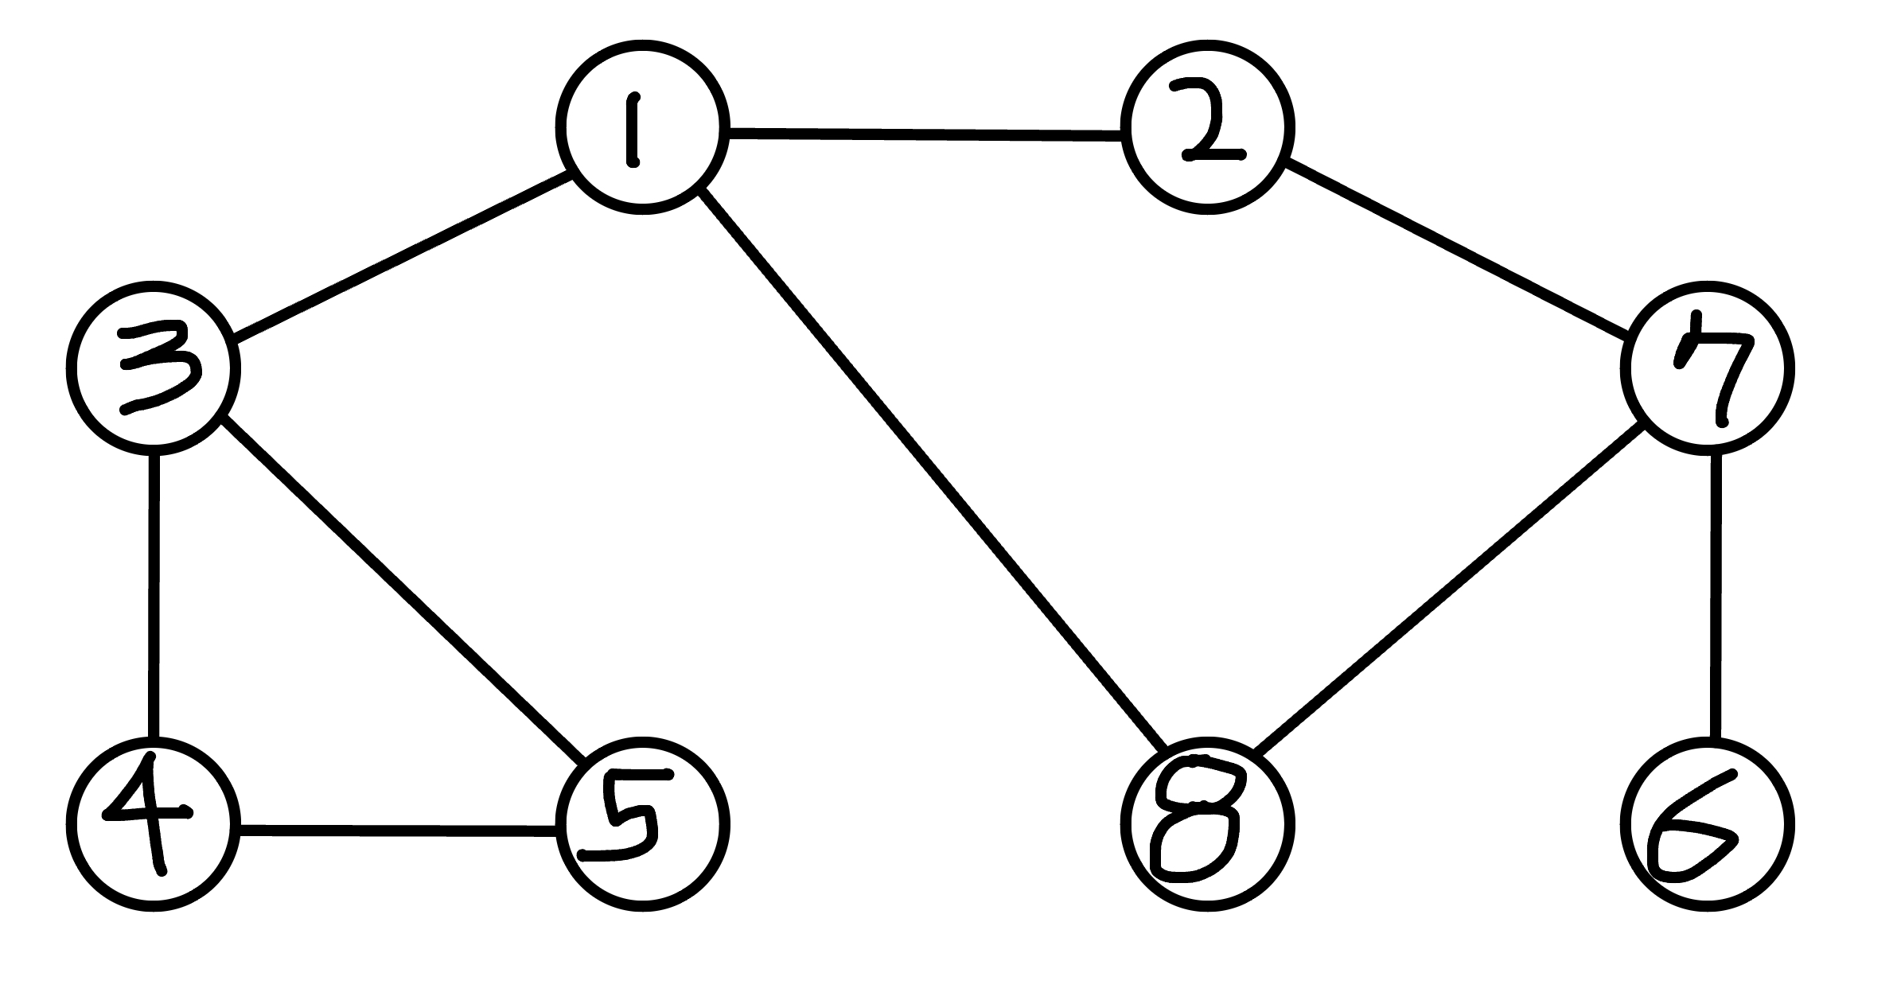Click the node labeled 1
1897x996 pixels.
(642, 128)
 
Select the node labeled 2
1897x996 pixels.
(1207, 128)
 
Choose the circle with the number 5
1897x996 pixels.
(642, 824)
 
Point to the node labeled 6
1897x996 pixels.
(1707, 824)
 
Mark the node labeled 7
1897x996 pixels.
(1707, 368)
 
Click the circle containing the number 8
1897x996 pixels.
(1207, 824)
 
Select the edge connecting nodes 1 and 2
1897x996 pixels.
(925, 134)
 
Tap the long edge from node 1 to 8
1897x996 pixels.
(933, 469)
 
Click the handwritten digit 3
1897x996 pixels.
(158, 368)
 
